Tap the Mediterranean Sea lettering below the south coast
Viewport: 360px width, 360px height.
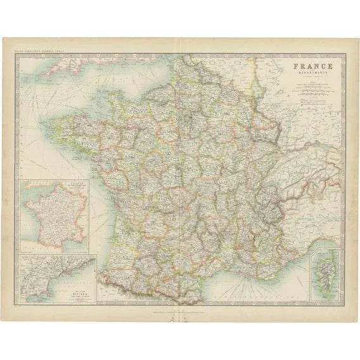point(254,295)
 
